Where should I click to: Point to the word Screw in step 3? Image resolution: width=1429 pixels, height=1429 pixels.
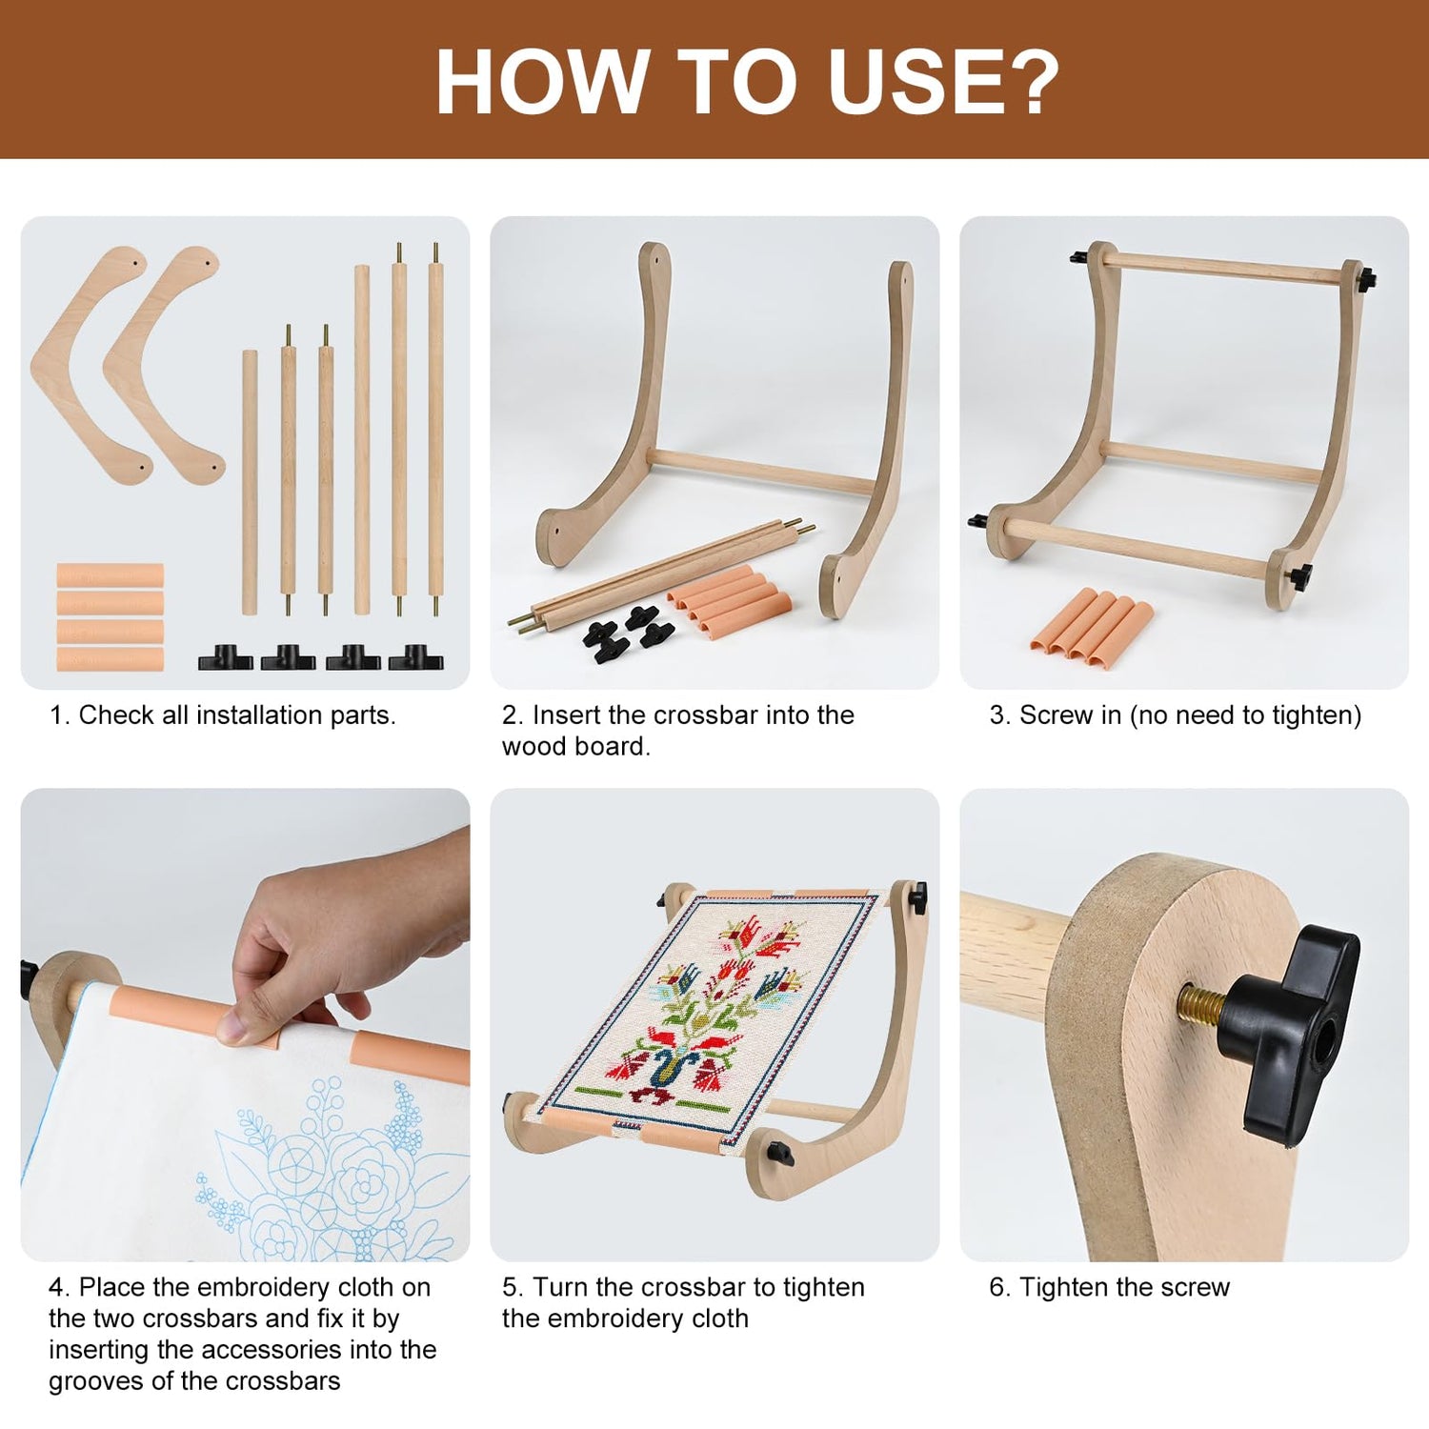click(x=1056, y=714)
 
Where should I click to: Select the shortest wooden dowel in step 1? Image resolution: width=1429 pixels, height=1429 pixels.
click(x=250, y=482)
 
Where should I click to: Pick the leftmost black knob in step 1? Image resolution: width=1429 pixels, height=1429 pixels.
click(x=226, y=657)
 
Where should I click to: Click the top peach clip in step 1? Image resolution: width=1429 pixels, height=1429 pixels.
click(x=110, y=575)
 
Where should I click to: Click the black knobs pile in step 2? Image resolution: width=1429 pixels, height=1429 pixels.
click(x=628, y=633)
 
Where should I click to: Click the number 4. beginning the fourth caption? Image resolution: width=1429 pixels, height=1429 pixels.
click(x=59, y=1287)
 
